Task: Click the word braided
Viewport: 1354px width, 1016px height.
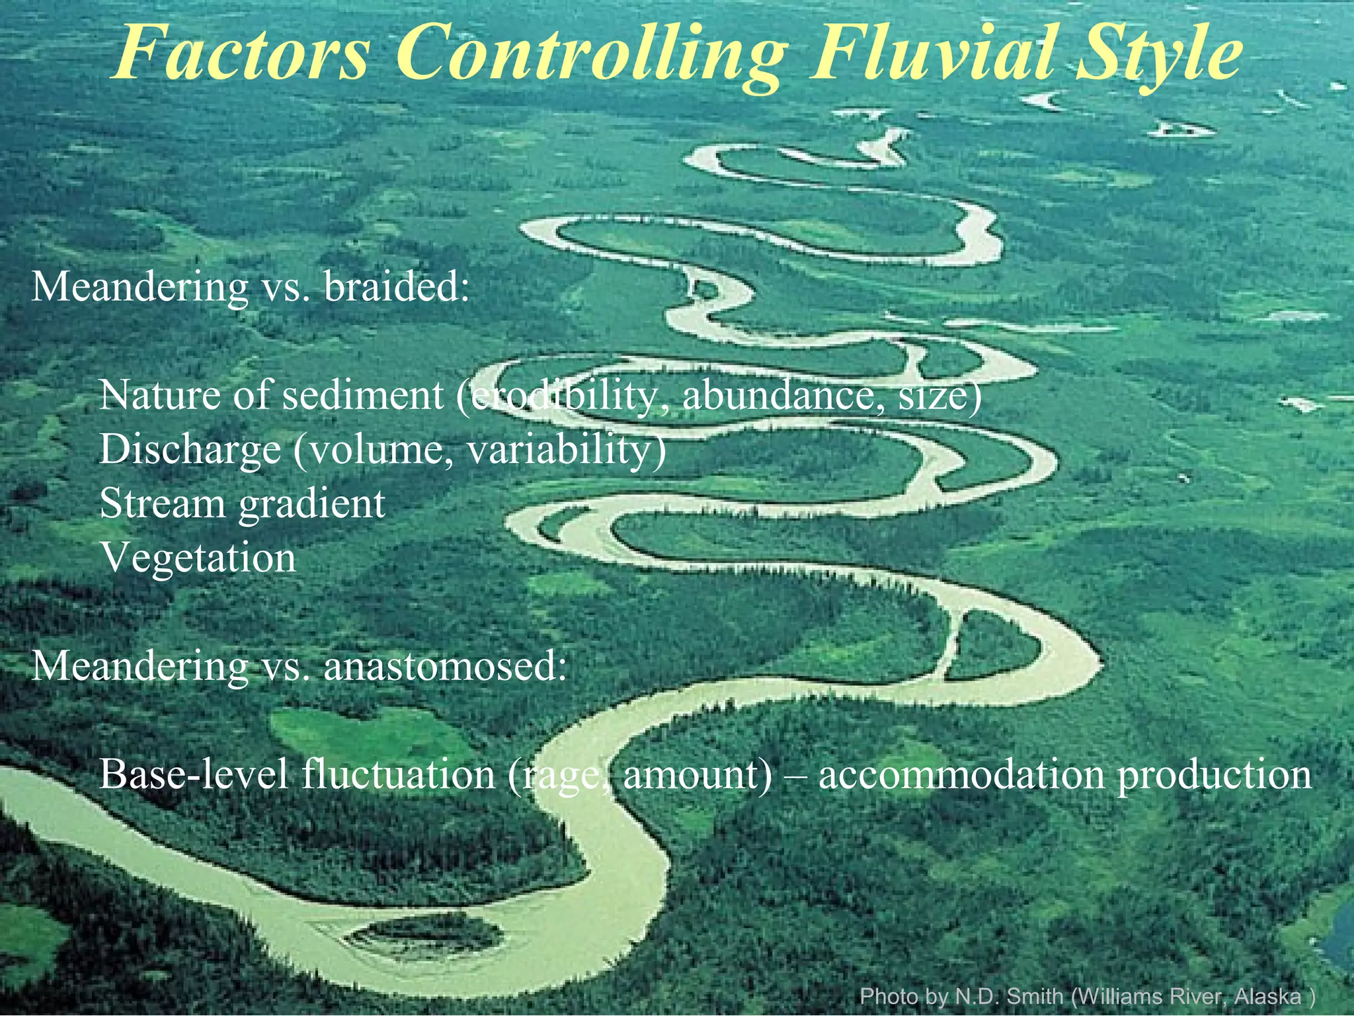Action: tap(397, 287)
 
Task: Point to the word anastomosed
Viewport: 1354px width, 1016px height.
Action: tap(444, 665)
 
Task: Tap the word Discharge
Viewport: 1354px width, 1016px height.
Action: tap(190, 450)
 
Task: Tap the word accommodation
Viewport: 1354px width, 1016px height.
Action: tap(961, 774)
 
